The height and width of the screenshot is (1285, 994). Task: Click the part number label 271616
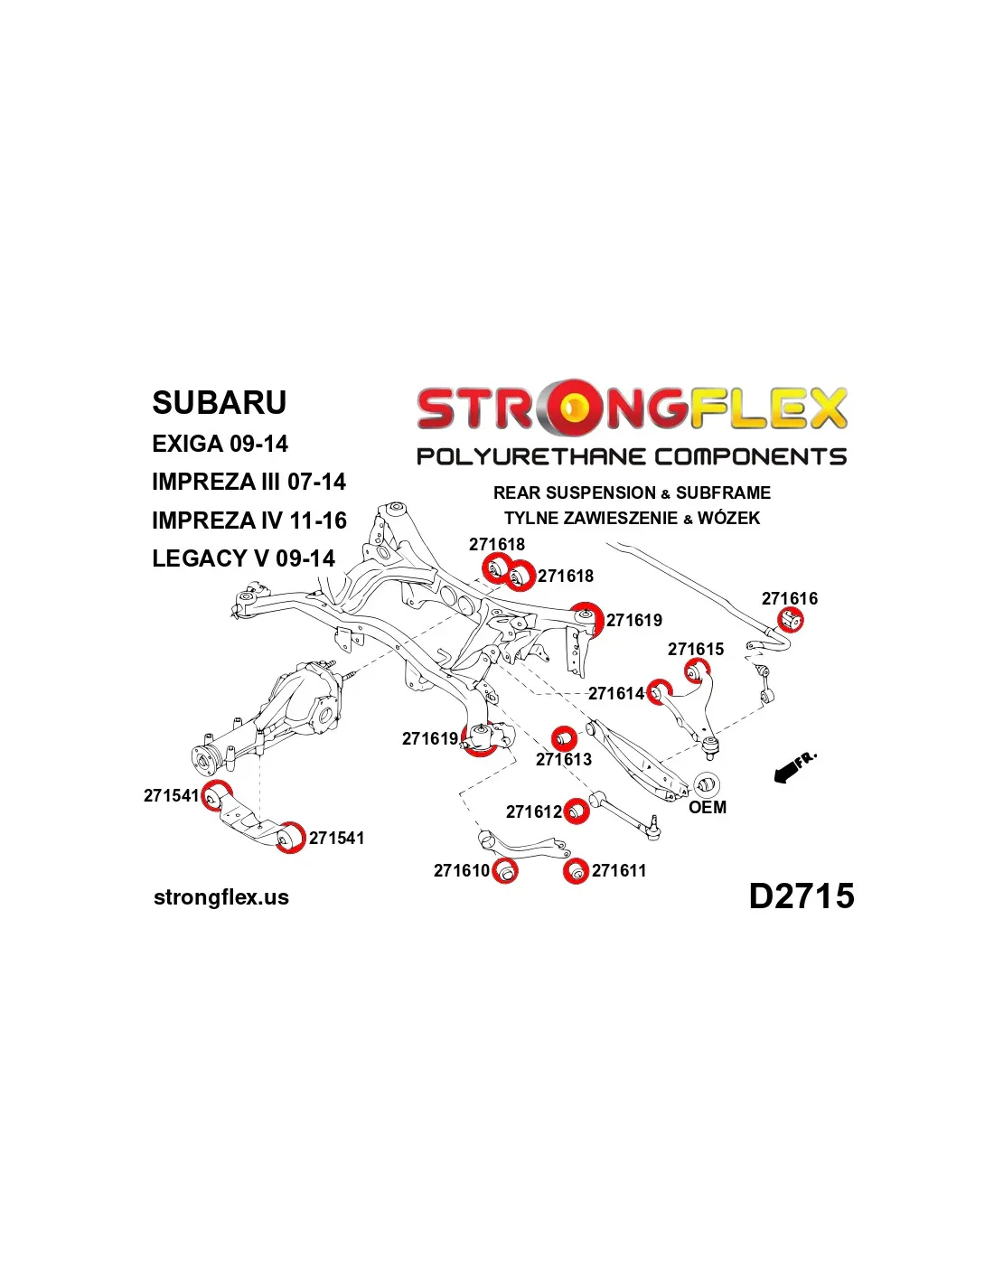[790, 598]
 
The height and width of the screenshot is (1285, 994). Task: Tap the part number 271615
[696, 649]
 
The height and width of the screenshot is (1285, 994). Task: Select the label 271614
[615, 693]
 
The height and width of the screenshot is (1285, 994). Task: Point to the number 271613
[564, 759]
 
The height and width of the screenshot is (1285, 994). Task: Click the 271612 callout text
[533, 811]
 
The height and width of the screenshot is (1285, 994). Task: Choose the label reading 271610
[461, 870]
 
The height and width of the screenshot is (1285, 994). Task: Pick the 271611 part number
[618, 870]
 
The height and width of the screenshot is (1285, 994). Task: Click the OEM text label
[708, 807]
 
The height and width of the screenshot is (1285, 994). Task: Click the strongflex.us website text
[221, 897]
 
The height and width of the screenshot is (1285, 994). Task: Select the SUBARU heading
[219, 402]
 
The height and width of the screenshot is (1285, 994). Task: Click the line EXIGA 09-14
[220, 444]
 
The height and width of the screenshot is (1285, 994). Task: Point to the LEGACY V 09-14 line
[244, 558]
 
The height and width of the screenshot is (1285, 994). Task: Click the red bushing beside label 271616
[791, 620]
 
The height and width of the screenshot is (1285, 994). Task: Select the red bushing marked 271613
[564, 738]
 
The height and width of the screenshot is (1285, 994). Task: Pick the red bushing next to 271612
[576, 811]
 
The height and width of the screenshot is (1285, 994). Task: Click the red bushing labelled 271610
[504, 871]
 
